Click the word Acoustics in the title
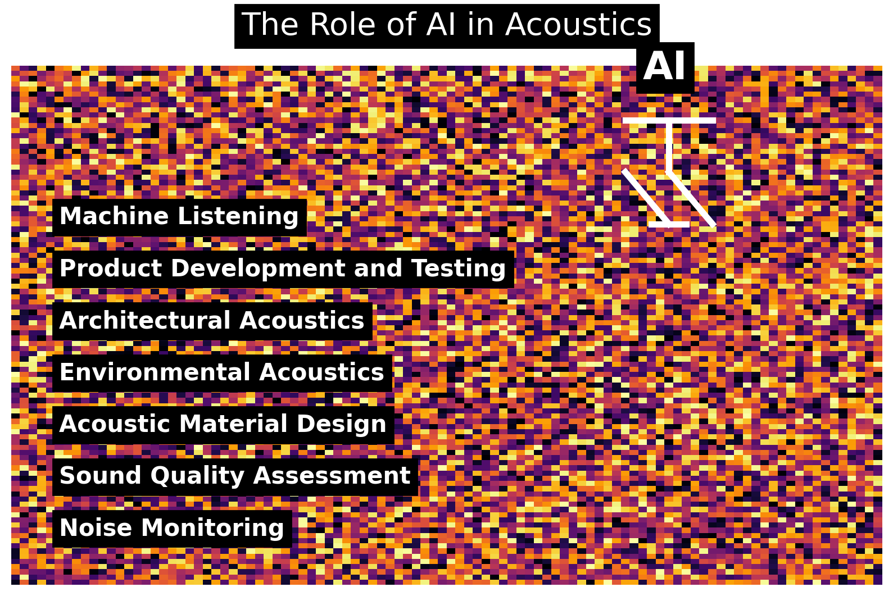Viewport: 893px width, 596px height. [578, 25]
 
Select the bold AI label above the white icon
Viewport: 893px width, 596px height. [665, 67]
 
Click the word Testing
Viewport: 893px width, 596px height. [459, 269]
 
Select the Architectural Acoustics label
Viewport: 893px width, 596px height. [212, 321]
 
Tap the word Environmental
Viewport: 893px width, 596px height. [155, 372]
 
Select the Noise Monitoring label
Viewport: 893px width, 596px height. [172, 528]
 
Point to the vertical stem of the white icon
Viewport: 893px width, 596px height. [669, 146]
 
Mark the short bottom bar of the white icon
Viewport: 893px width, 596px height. [669, 224]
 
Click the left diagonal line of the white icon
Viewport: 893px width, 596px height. [645, 196]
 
